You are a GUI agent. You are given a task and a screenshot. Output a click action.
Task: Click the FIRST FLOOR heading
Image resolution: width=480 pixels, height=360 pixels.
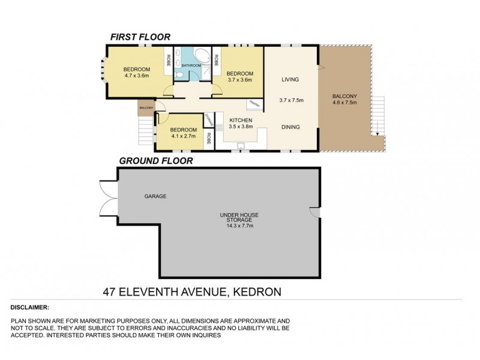140,37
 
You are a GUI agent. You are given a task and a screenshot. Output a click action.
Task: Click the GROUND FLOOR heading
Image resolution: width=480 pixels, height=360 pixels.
155,161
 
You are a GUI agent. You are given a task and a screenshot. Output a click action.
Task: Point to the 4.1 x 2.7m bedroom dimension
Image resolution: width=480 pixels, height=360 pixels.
183,136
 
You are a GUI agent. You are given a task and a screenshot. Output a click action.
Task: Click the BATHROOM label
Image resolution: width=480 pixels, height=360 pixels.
191,64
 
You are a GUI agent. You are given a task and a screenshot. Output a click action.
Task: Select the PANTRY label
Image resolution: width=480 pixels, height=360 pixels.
254,103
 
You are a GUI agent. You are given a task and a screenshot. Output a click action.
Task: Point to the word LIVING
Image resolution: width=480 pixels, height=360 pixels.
290,79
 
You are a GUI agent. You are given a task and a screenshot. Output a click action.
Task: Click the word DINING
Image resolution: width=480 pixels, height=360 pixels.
290,127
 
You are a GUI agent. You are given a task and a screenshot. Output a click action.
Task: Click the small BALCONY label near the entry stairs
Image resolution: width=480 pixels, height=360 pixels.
146,109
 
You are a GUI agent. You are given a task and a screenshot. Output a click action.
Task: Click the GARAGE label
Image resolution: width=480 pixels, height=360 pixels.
155,196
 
